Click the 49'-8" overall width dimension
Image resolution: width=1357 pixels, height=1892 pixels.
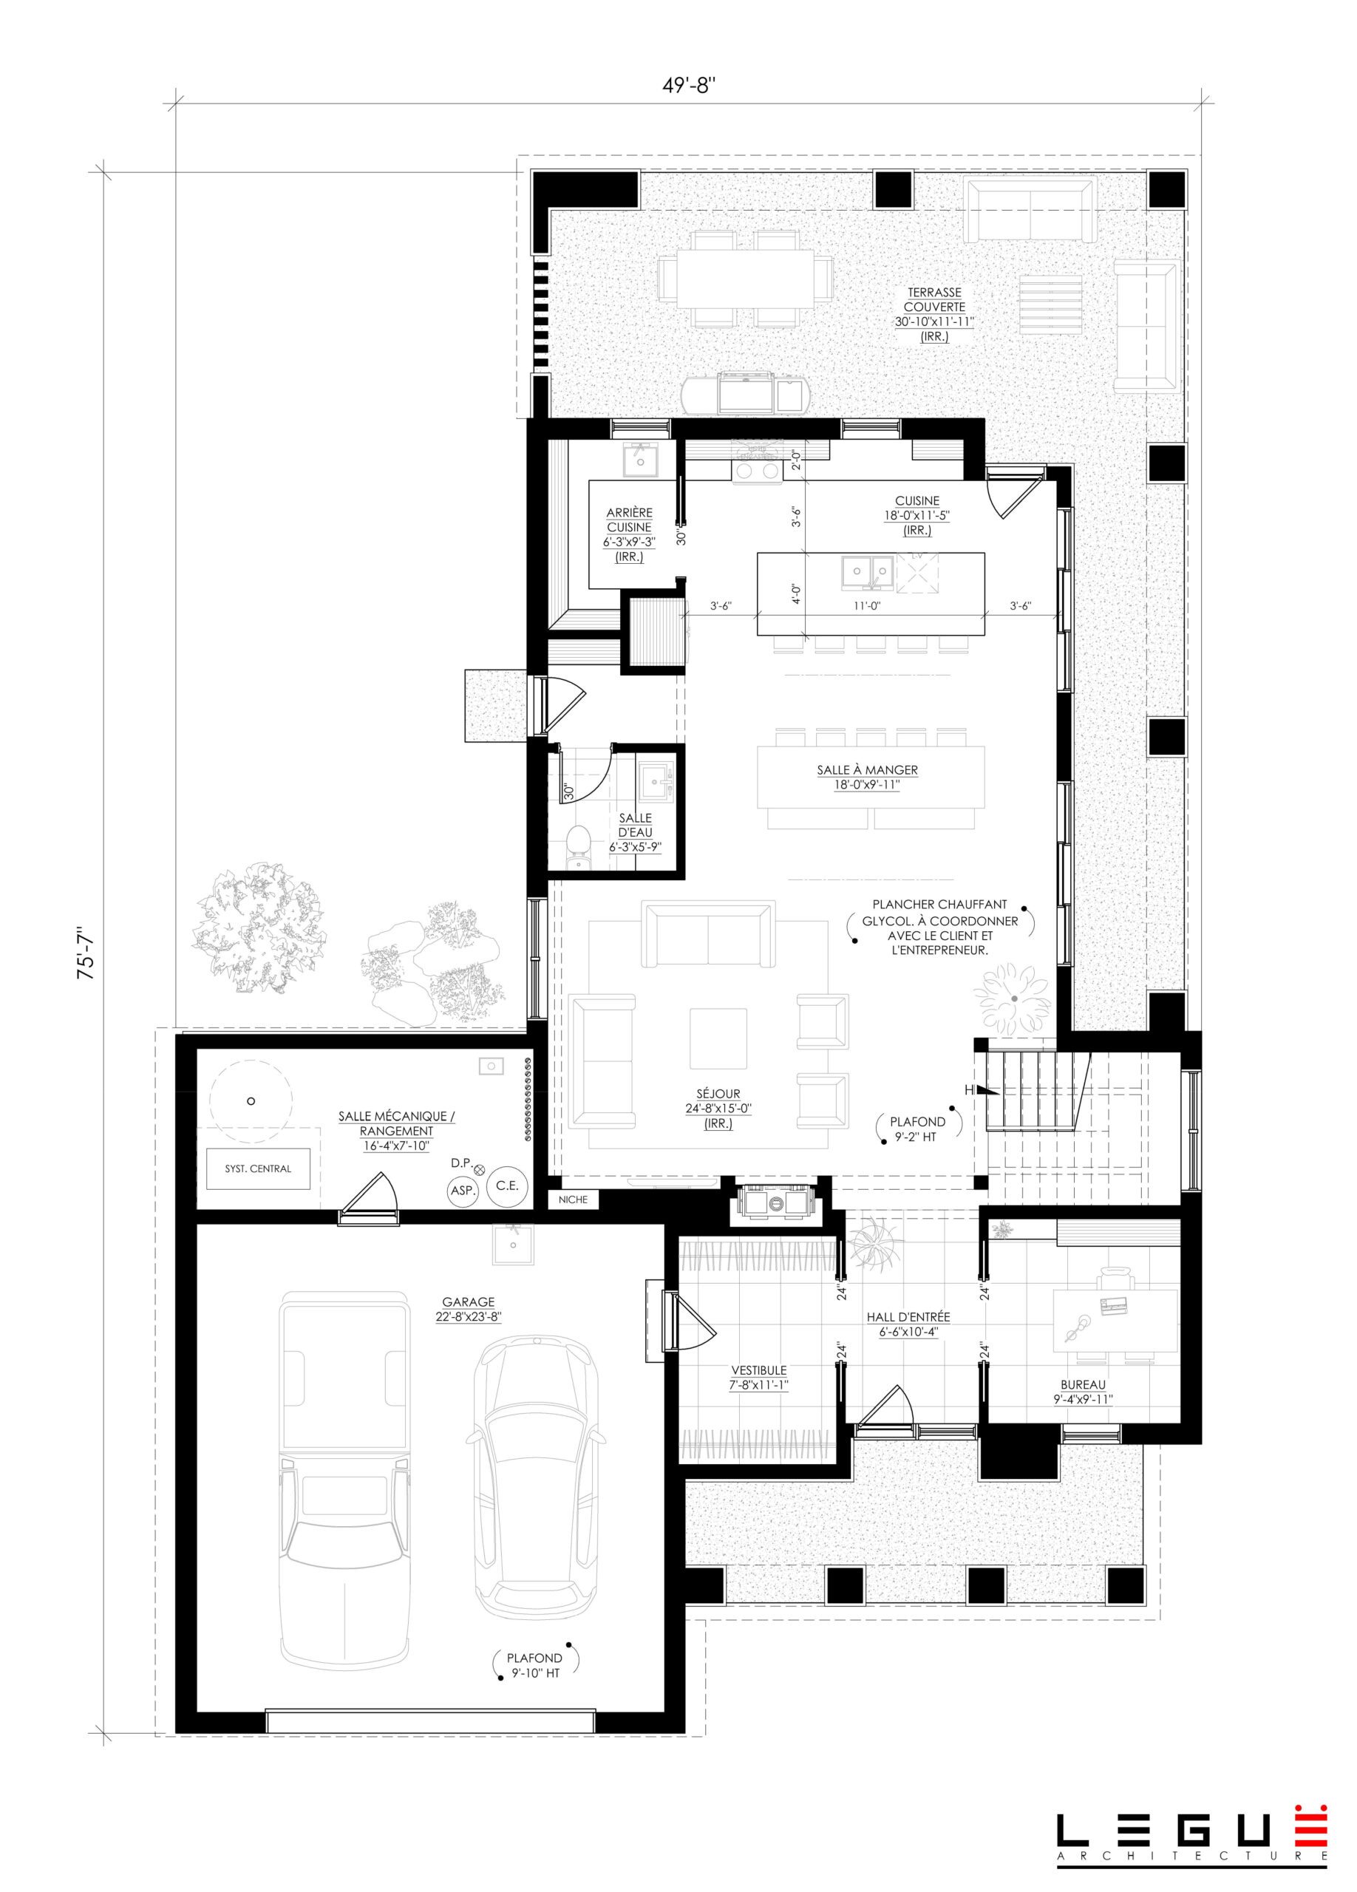689,85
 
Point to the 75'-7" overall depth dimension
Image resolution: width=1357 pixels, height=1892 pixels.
86,952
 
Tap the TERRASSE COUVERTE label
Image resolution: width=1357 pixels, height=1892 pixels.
934,299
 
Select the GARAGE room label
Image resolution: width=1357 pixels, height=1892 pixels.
468,1301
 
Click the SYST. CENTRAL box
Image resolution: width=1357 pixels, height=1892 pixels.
259,1168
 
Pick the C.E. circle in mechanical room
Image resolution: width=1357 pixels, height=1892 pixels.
507,1185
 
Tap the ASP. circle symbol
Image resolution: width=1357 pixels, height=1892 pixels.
462,1191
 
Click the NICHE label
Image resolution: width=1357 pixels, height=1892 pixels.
573,1199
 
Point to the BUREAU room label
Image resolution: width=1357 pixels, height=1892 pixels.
1083,1385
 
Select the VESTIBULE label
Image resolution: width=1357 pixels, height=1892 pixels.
759,1369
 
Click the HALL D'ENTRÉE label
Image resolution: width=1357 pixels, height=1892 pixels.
908,1317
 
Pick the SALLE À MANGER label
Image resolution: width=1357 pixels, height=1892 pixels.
868,770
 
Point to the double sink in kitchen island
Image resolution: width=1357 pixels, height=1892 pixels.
868,572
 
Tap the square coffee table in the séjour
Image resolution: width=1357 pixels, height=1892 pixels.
718,1038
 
